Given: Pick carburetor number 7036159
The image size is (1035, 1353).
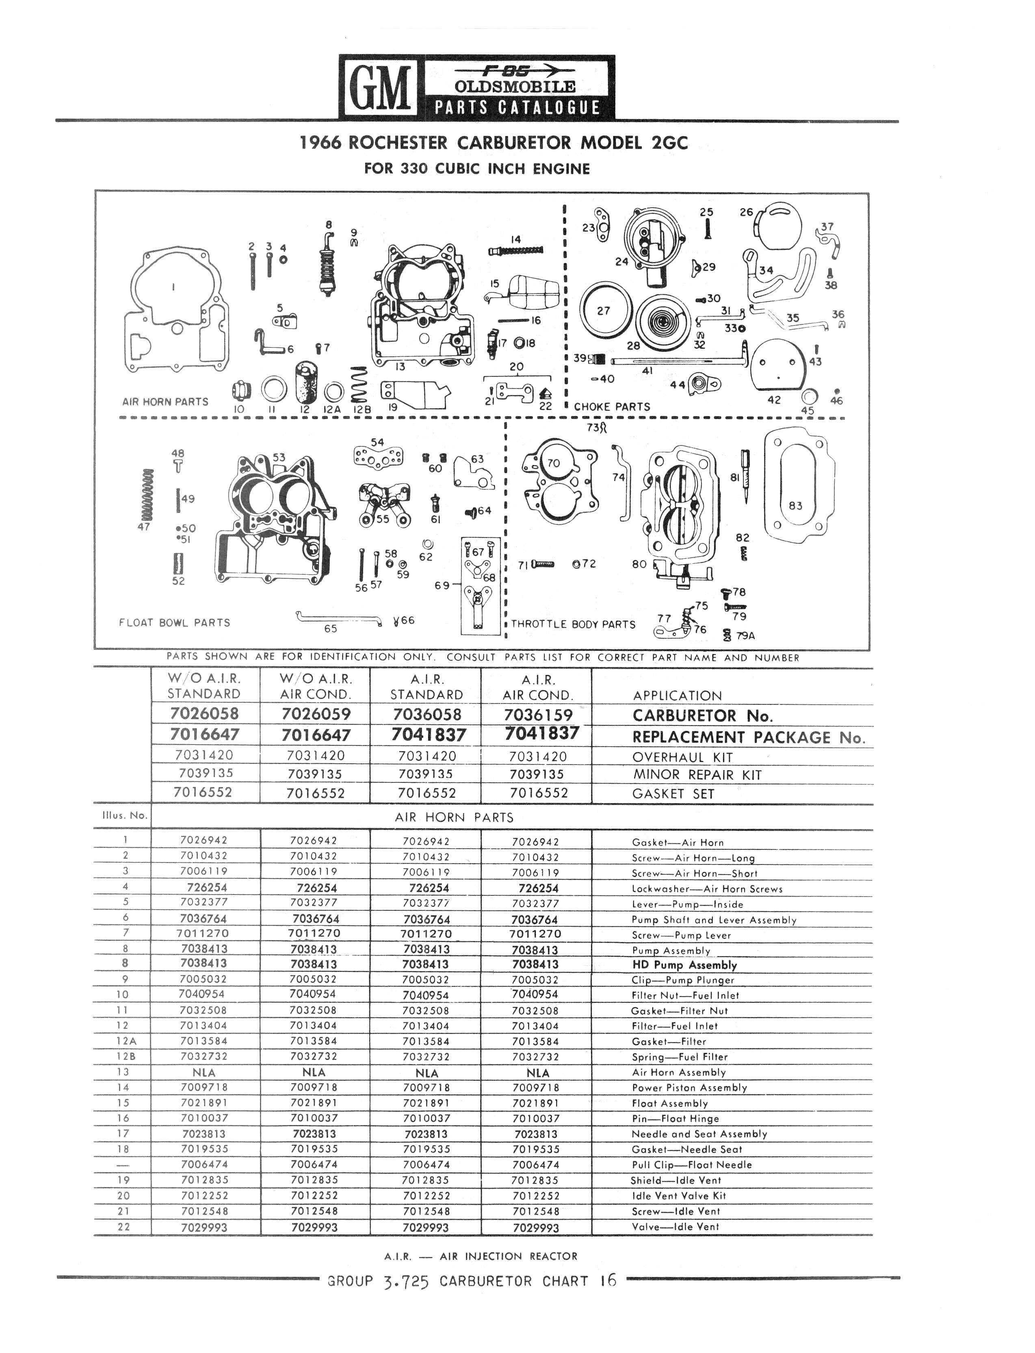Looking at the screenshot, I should click(538, 715).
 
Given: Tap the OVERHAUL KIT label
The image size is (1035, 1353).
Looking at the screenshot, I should click(682, 757).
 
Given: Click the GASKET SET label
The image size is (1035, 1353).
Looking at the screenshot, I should click(673, 794).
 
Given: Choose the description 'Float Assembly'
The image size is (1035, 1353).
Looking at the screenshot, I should click(670, 1103).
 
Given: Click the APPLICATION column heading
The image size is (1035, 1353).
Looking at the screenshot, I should click(677, 696).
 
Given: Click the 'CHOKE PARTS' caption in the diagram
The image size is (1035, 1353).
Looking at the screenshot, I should click(612, 407).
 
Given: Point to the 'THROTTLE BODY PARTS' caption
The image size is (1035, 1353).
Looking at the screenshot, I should click(573, 624).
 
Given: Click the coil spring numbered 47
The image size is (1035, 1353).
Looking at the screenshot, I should click(147, 494).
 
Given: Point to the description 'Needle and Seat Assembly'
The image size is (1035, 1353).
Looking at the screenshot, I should click(699, 1134).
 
